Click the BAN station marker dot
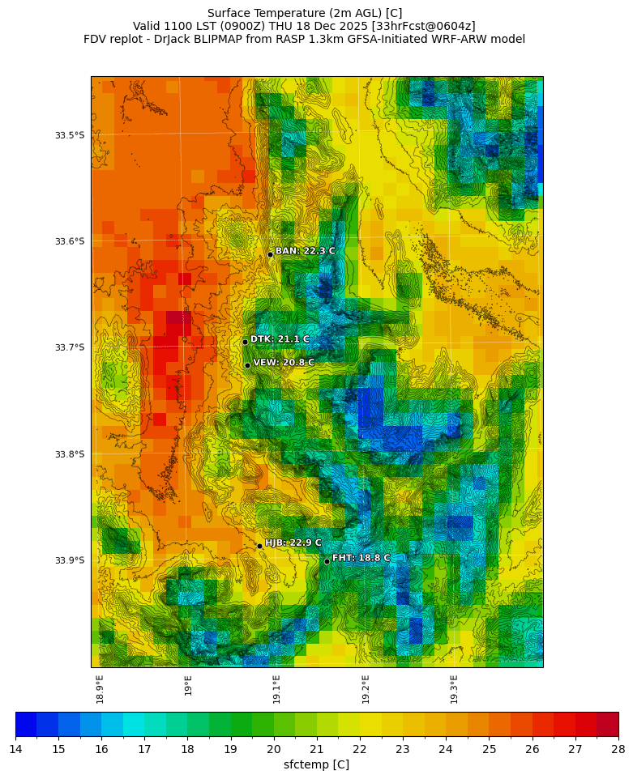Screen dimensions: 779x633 point(270,254)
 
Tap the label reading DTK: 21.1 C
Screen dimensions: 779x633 point(280,339)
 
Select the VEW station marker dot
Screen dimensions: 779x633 point(247,365)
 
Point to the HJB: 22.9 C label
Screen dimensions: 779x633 point(293,543)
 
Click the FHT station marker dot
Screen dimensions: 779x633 point(327,561)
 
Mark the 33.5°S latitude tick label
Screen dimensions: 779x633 point(70,135)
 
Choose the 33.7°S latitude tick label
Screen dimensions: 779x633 point(70,347)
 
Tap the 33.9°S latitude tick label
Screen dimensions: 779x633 point(70,560)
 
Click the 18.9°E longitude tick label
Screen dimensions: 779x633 point(100,689)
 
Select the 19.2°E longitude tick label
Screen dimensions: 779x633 point(366,689)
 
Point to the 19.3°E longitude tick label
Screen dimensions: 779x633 point(454,689)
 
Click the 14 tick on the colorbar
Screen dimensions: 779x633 point(15,749)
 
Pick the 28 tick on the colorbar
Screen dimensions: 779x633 point(618,749)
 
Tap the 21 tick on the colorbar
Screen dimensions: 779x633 point(317,749)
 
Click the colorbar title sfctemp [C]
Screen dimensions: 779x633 point(317,765)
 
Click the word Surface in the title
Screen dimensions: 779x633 point(229,13)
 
